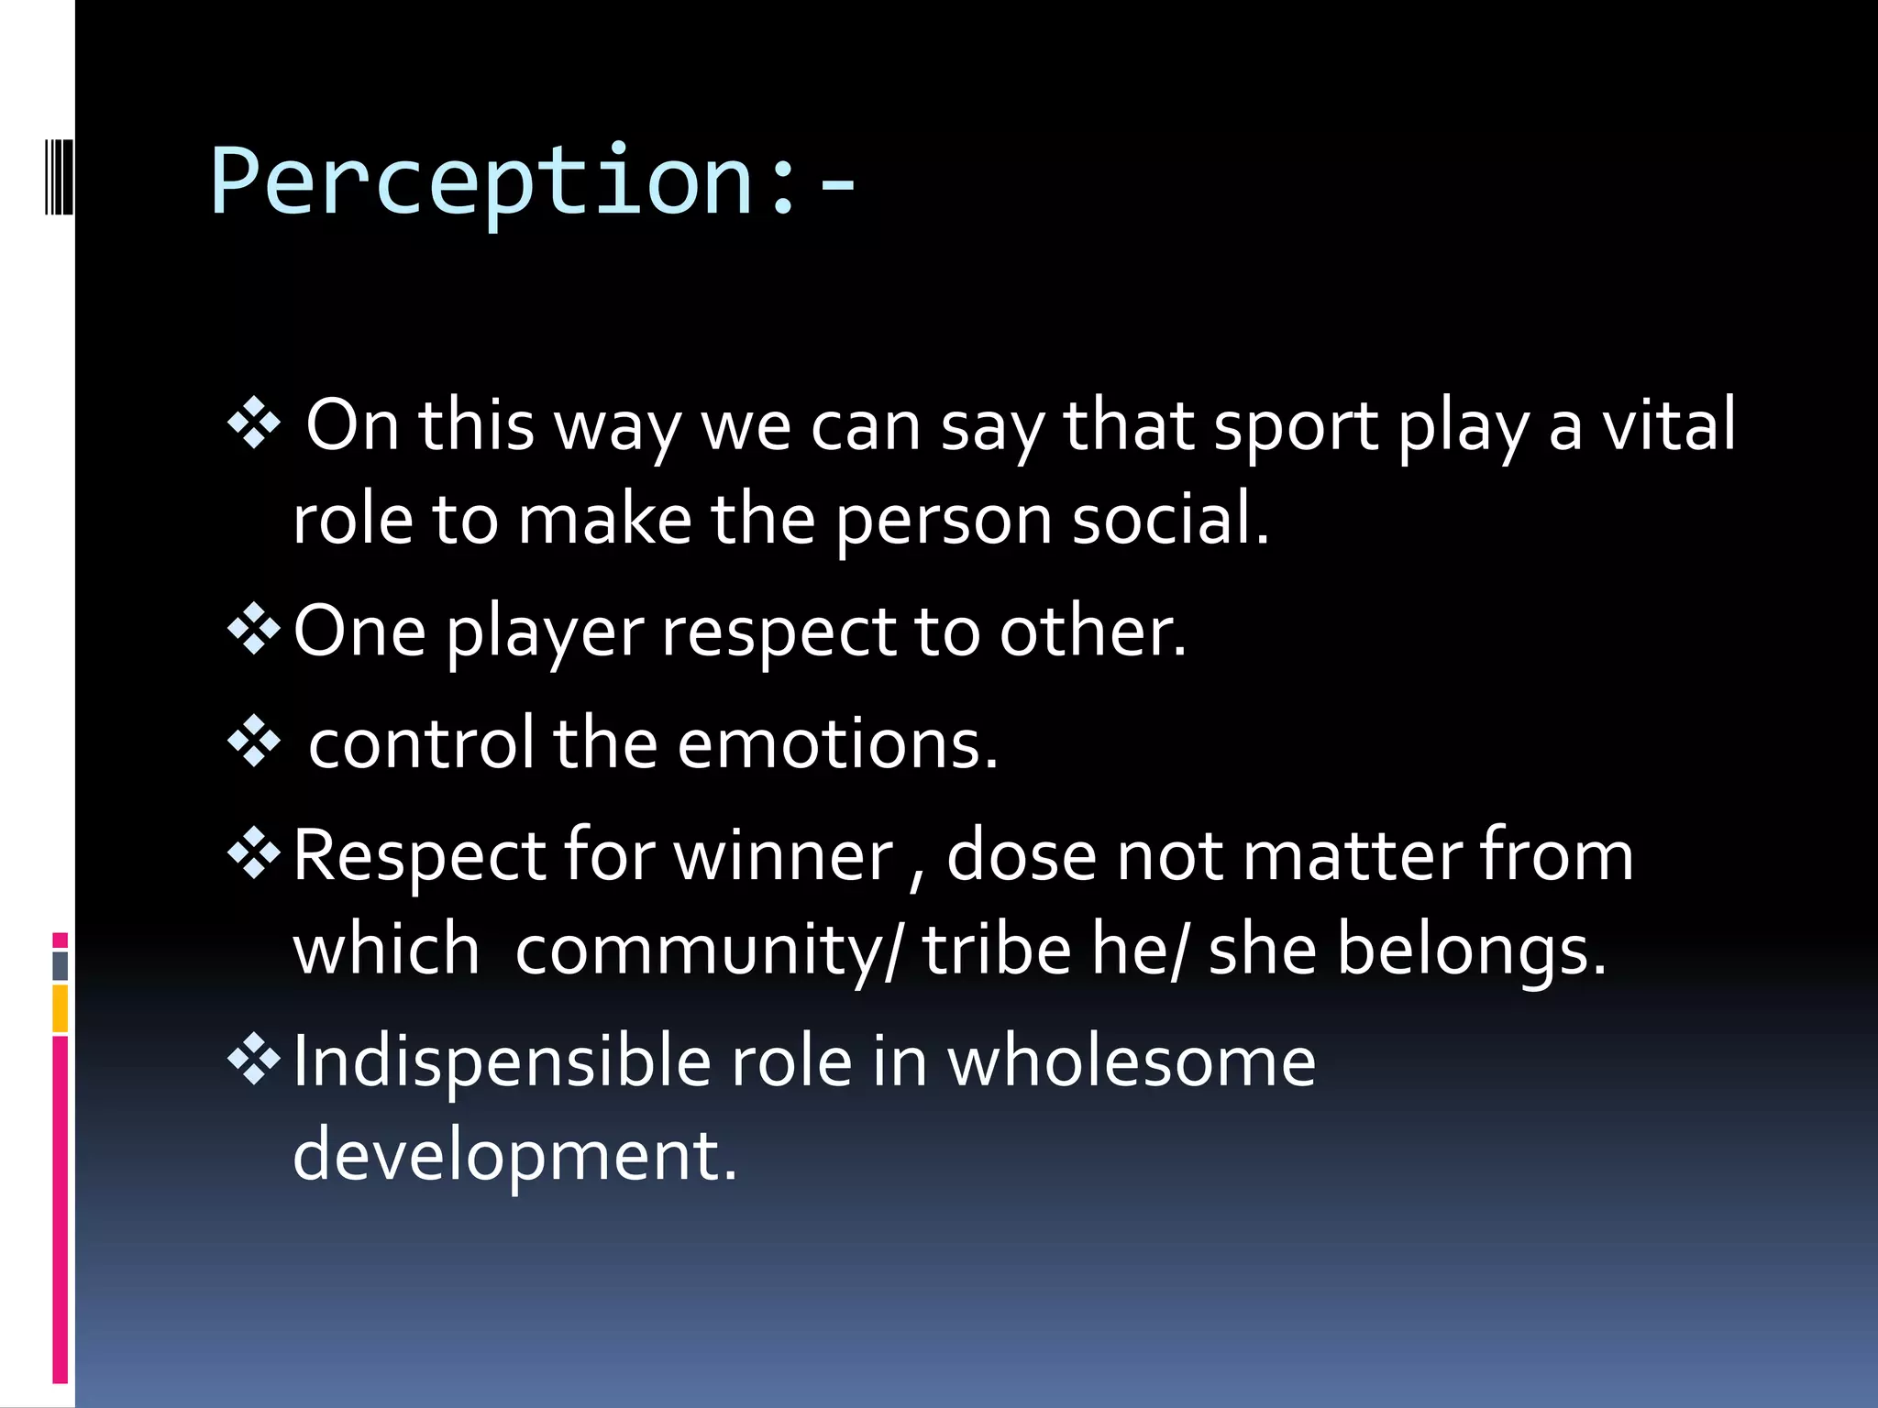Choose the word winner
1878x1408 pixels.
(783, 855)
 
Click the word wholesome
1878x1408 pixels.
(1131, 1061)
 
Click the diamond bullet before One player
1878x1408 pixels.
(254, 631)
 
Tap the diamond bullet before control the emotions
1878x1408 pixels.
(254, 742)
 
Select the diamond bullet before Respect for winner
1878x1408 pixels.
(254, 854)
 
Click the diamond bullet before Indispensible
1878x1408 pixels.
(254, 1061)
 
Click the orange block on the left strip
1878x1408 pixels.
(60, 1008)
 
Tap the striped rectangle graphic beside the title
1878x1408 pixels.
(59, 175)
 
